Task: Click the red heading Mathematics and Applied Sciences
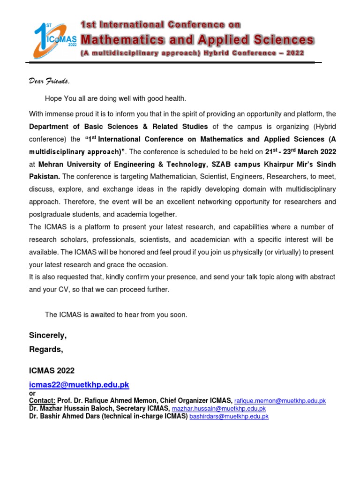[198, 39]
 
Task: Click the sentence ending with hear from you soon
[116, 315]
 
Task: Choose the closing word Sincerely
[48, 335]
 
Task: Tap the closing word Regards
[46, 349]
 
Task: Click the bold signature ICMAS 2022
[52, 370]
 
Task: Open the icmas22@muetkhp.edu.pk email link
[79, 384]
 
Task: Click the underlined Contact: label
[42, 401]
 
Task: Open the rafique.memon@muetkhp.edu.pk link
[280, 401]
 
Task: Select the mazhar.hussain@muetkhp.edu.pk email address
[219, 409]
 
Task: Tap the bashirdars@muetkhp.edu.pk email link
[229, 416]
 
